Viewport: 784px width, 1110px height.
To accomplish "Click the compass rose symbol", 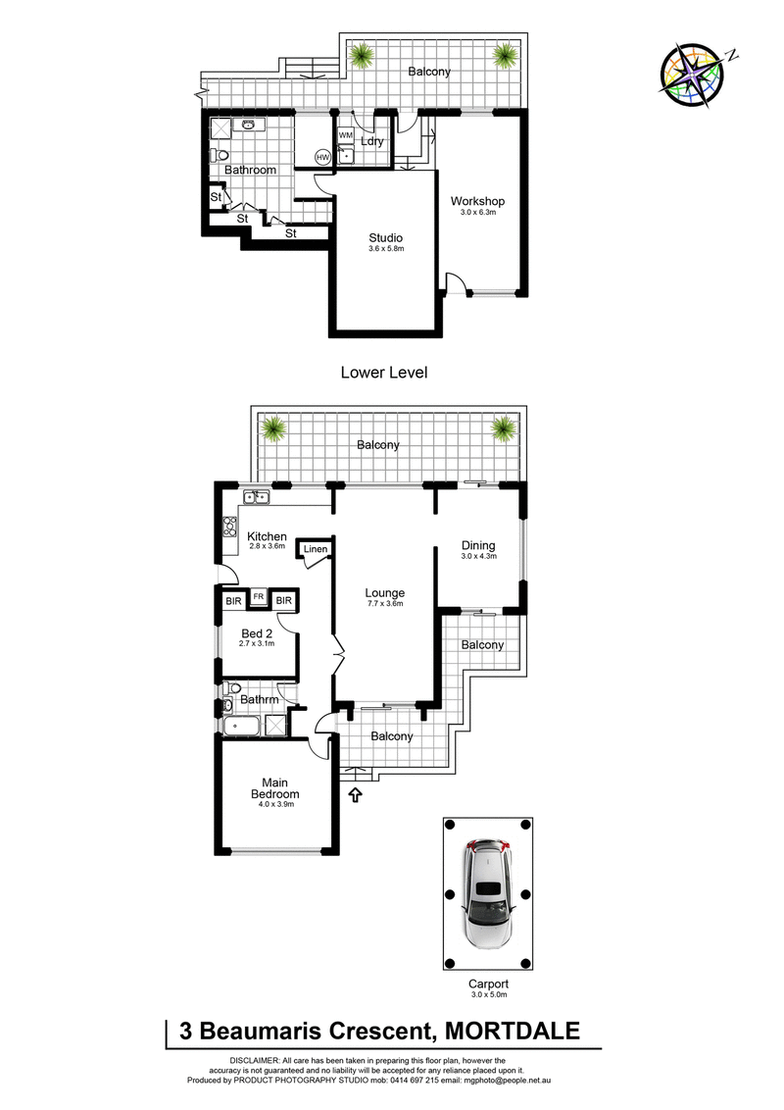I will (695, 71).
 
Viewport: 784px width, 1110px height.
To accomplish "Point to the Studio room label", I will (386, 237).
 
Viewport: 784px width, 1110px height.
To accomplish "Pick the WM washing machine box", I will (345, 135).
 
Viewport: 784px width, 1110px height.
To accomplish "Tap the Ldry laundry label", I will (371, 141).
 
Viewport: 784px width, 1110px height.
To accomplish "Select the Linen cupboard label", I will (316, 549).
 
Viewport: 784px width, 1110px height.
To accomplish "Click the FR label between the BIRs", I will (259, 596).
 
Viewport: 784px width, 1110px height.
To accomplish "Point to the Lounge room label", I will (385, 592).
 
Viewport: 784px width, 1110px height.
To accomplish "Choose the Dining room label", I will (479, 545).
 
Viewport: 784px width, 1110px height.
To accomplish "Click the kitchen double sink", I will (258, 497).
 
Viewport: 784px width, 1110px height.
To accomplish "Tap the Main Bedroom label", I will (275, 787).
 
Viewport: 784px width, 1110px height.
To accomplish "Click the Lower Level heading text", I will (383, 373).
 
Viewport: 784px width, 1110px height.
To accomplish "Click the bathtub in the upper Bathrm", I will (241, 727).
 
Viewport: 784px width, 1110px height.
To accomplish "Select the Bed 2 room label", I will (258, 632).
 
